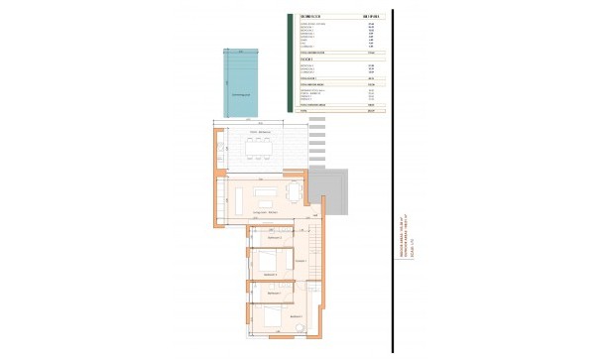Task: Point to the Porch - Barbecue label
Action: point(261,132)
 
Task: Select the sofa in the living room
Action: point(267,193)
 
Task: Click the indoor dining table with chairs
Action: point(293,189)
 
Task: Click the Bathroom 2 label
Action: point(275,239)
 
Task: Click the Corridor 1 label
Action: point(300,260)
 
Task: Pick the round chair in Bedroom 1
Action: point(300,324)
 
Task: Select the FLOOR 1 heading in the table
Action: point(307,60)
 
